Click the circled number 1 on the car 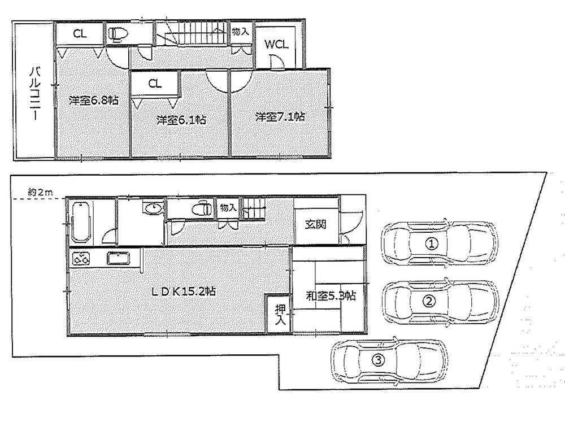[432, 245]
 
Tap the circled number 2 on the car [430, 301]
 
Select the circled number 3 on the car [379, 359]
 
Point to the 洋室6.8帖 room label [93, 101]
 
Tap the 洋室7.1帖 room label [280, 117]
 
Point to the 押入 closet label [280, 315]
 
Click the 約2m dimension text [40, 193]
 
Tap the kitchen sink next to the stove [119, 259]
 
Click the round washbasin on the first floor [152, 209]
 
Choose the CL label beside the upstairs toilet [79, 33]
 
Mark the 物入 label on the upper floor [240, 32]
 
